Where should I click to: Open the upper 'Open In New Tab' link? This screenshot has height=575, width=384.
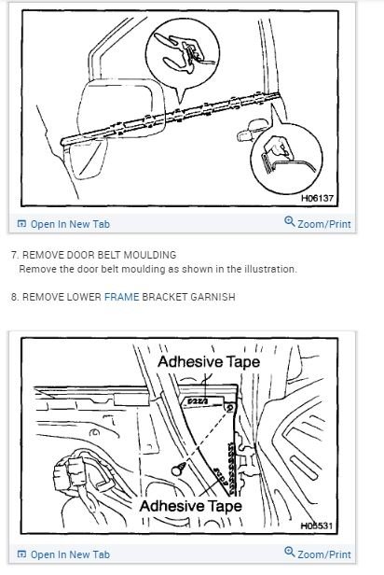[x=63, y=224]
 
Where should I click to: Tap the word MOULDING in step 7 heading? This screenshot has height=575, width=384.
[x=149, y=255]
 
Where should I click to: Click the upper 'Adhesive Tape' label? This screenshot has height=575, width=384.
[x=209, y=360]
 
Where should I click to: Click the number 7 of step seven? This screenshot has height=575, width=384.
[x=12, y=255]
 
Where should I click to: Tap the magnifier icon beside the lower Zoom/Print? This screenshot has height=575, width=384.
[x=289, y=553]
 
